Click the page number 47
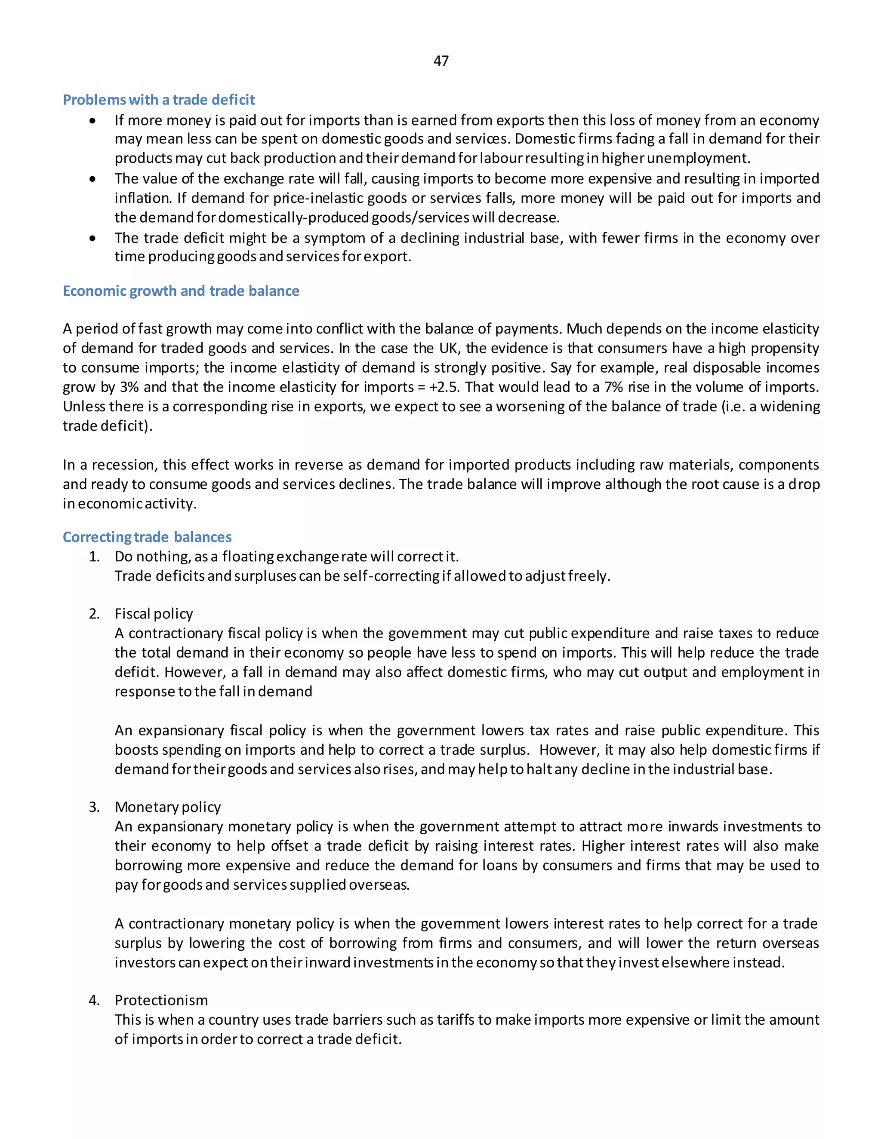point(440,61)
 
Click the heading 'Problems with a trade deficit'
point(159,100)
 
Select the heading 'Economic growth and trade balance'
point(181,291)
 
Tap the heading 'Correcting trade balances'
point(147,537)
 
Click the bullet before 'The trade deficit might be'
point(93,239)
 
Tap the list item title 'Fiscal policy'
point(154,613)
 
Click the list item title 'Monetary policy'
point(167,807)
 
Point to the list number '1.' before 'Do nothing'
point(94,557)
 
